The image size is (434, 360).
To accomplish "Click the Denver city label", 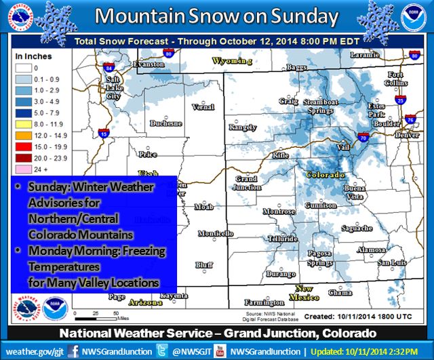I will pos(407,134).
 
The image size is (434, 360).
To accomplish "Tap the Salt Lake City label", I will pos(112,88).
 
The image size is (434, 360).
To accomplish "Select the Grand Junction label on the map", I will pos(248,182).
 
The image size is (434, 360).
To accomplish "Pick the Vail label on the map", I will pos(344,146).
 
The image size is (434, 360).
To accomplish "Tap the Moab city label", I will pos(203,205).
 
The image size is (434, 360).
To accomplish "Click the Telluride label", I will pos(283,239).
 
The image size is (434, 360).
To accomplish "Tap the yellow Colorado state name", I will pos(325,174).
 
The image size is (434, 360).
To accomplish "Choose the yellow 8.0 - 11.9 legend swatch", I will pos(22,125).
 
